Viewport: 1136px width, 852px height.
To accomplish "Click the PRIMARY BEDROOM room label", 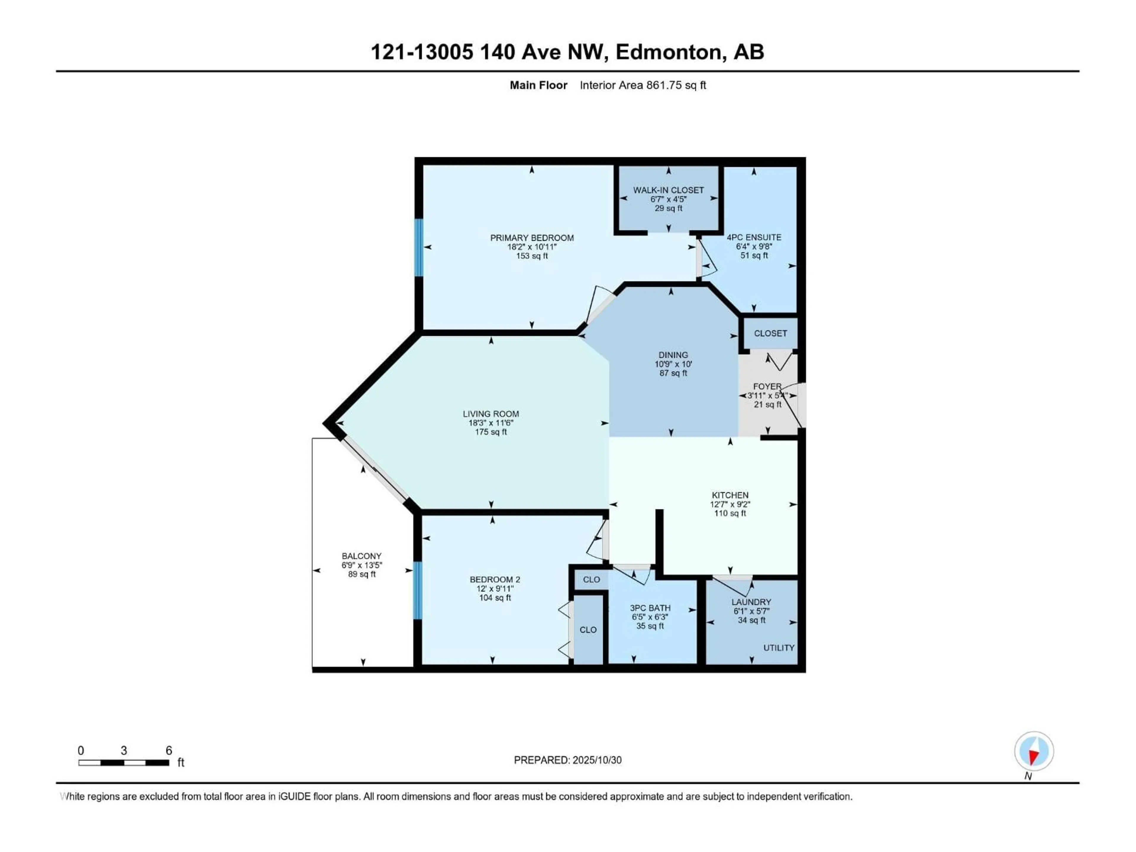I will click(532, 238).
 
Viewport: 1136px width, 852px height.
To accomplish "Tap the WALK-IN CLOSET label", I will click(668, 190).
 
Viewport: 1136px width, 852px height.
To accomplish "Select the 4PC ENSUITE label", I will click(753, 237).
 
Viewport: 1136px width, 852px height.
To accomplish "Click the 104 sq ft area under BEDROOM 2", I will click(495, 598).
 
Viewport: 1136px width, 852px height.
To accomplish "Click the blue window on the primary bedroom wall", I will click(419, 248).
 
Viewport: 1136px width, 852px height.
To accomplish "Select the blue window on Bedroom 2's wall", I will click(417, 590).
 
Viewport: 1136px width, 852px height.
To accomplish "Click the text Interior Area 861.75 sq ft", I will click(643, 85).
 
